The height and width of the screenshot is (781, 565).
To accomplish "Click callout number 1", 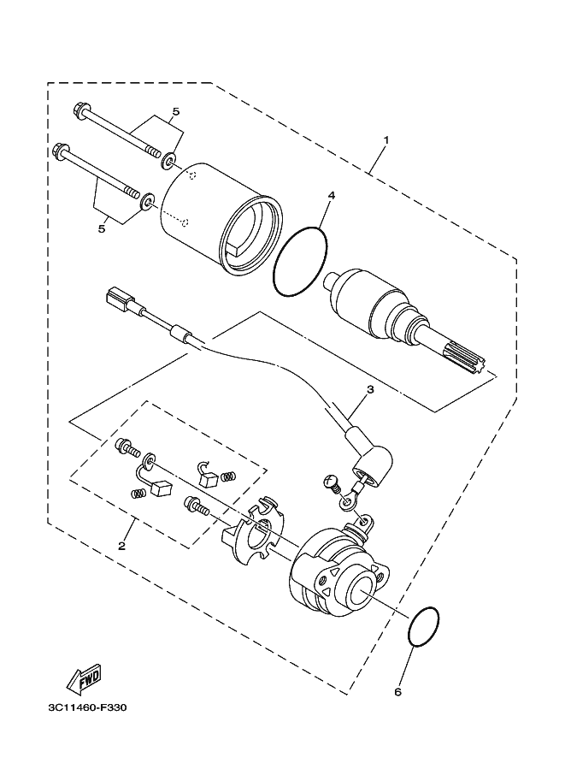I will pyautogui.click(x=386, y=139).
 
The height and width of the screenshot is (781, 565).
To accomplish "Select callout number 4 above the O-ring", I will pyautogui.click(x=330, y=196).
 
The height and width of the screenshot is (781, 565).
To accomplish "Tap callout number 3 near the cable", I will pyautogui.click(x=370, y=389).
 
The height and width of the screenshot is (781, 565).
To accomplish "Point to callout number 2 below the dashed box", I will pyautogui.click(x=122, y=545).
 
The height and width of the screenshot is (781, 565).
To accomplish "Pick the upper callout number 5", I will pyautogui.click(x=175, y=111).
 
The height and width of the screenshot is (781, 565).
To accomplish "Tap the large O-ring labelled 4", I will pyautogui.click(x=300, y=262).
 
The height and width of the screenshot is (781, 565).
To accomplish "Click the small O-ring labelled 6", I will pyautogui.click(x=425, y=630).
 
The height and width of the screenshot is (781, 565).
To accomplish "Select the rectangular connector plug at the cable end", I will pyautogui.click(x=115, y=300).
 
